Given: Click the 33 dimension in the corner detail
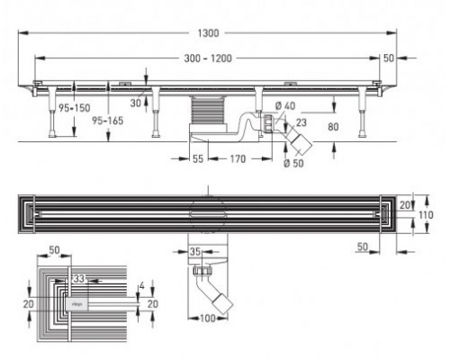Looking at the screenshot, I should click(79, 280).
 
